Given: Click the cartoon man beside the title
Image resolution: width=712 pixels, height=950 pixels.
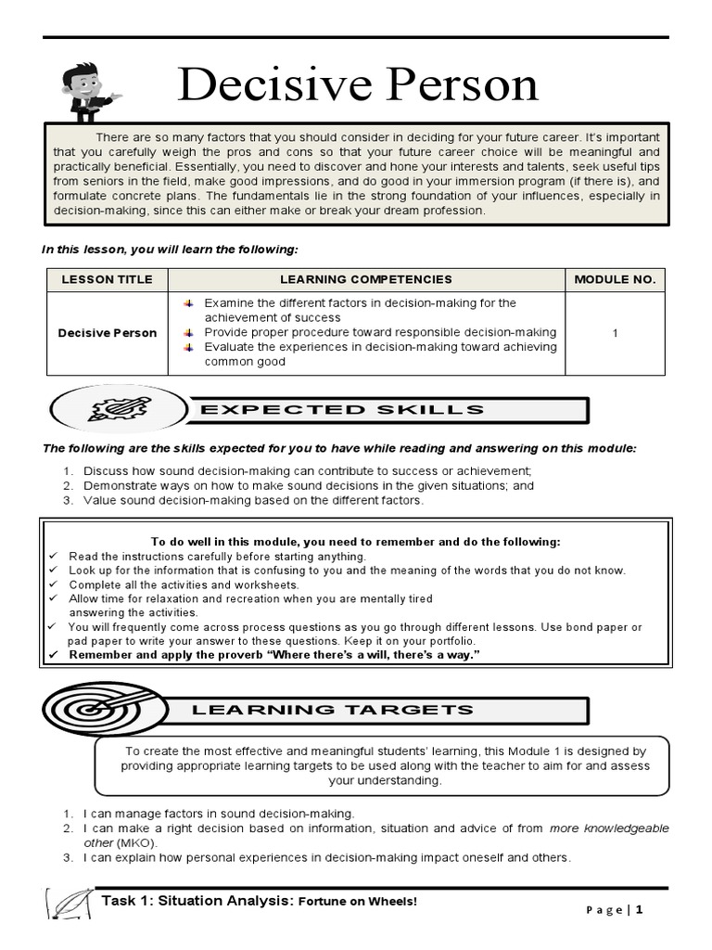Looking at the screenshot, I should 91,90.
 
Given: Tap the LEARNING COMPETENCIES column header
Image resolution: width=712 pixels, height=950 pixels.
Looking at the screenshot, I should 366,279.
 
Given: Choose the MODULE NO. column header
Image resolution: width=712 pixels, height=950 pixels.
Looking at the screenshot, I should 615,279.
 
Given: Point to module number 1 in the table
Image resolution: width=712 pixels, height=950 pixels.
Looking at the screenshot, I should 615,333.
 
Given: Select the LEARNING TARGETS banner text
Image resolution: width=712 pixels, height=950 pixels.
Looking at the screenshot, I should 332,710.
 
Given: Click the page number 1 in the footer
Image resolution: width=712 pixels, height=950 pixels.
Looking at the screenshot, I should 639,909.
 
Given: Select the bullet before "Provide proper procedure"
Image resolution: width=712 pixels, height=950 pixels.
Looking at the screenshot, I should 188,332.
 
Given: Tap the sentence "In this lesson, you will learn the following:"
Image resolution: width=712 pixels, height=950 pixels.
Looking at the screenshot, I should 171,250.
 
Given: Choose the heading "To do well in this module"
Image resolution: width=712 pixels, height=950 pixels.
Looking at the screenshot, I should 355,542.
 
